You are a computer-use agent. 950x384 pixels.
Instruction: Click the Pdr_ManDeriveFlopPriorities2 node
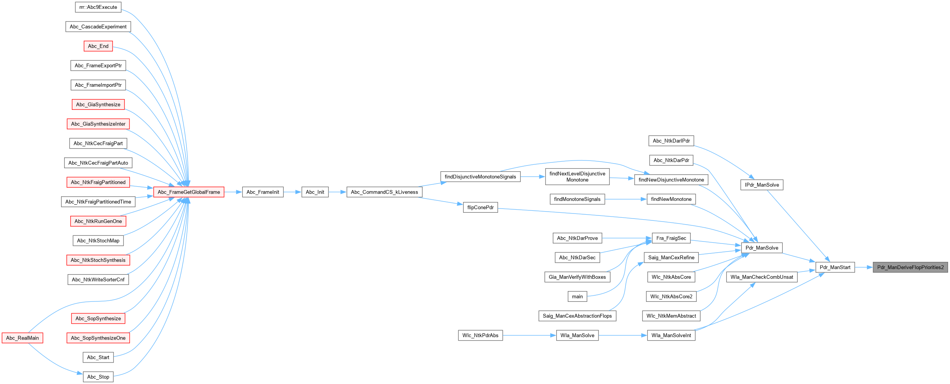[x=910, y=267]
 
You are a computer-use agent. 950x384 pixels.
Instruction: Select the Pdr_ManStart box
[x=835, y=267]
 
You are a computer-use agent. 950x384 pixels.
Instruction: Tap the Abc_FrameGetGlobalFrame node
[x=189, y=192]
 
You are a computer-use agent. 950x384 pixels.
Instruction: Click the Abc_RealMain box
[x=22, y=338]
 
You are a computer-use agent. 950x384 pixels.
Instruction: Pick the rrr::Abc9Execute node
[x=98, y=7]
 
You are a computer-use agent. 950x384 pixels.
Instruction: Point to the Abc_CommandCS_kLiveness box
[x=384, y=192]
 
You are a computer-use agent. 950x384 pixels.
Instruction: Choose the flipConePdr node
[x=480, y=207]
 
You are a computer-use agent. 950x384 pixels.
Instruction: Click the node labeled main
[x=577, y=296]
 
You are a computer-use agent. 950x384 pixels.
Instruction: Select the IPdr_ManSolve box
[x=761, y=185]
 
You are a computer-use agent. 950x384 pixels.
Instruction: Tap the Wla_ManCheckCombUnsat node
[x=761, y=277]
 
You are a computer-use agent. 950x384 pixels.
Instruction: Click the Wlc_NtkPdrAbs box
[x=480, y=335]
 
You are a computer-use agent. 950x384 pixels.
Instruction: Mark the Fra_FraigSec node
[x=671, y=238]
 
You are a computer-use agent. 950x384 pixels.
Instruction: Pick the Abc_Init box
[x=315, y=192]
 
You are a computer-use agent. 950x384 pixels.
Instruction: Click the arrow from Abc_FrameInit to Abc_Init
[x=292, y=192]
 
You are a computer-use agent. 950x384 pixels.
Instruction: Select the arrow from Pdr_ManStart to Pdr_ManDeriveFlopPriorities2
[x=864, y=267]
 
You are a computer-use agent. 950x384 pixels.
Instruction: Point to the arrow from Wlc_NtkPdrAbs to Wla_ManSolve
[x=529, y=335]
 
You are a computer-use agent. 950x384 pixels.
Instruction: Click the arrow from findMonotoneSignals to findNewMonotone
[x=625, y=199]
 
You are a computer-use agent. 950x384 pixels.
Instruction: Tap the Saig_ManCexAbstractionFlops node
[x=577, y=316]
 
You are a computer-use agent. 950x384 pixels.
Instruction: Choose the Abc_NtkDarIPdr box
[x=671, y=141]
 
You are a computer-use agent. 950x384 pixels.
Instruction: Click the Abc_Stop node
[x=98, y=377]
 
